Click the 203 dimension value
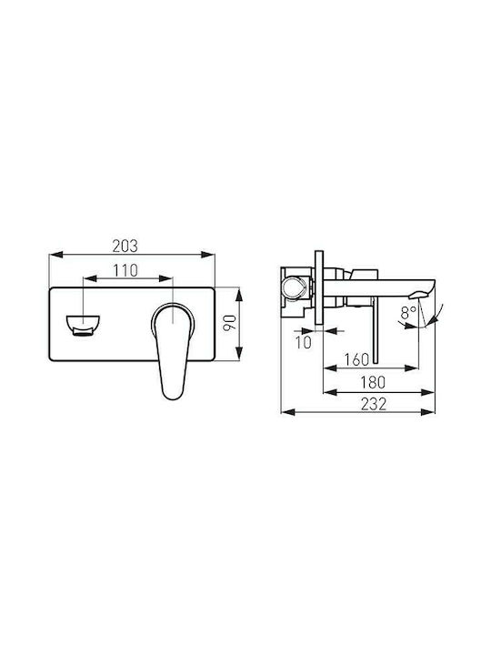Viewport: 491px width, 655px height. [125, 246]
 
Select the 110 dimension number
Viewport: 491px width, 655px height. [125, 270]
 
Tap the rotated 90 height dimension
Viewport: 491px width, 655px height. [229, 323]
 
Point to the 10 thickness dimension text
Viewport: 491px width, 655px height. [304, 342]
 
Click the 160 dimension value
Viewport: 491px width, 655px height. [357, 359]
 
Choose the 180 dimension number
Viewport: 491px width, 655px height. [373, 382]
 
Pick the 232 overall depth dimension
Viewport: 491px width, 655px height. [374, 404]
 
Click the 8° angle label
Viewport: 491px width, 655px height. [408, 312]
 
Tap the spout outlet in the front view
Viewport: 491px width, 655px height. [83, 325]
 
